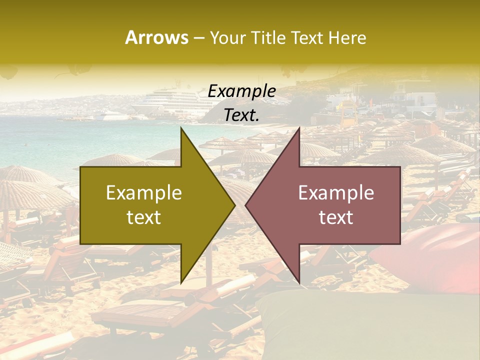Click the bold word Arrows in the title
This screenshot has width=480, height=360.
click(156, 37)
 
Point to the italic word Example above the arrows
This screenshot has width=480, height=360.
click(241, 91)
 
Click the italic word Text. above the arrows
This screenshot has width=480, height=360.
click(241, 115)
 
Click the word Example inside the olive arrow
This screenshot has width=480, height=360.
click(144, 193)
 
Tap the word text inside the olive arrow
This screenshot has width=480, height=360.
click(144, 217)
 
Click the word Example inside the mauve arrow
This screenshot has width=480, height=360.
click(336, 193)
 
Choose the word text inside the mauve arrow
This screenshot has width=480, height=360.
click(336, 217)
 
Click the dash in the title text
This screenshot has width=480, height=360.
click(198, 38)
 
